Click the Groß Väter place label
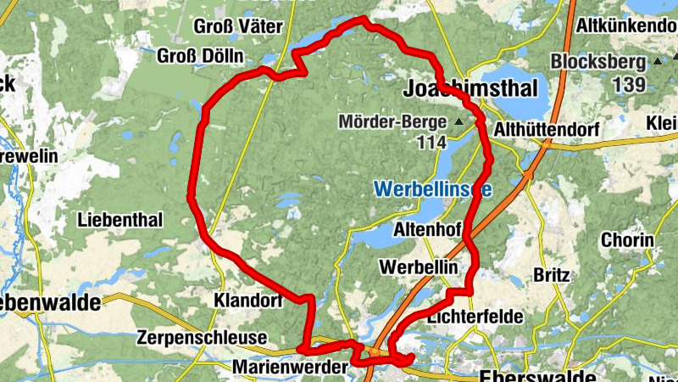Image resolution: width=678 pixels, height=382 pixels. [238, 26]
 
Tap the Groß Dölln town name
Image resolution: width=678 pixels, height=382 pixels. [201, 56]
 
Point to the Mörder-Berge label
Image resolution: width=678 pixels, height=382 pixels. [392, 122]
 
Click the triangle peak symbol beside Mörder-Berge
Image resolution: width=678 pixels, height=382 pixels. [459, 122]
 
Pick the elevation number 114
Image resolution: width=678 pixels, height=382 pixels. [431, 143]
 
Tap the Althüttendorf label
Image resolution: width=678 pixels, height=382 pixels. [547, 129]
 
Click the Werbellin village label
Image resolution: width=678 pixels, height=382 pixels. [420, 267]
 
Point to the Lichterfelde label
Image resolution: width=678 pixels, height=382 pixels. [475, 316]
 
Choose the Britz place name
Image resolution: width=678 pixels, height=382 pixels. [553, 275]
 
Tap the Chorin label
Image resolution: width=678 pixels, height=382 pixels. [627, 240]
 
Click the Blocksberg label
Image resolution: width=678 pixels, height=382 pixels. [599, 62]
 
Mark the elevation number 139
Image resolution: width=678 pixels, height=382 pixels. [627, 84]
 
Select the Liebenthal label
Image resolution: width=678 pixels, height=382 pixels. [119, 219]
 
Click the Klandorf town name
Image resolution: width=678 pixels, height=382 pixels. [247, 301]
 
